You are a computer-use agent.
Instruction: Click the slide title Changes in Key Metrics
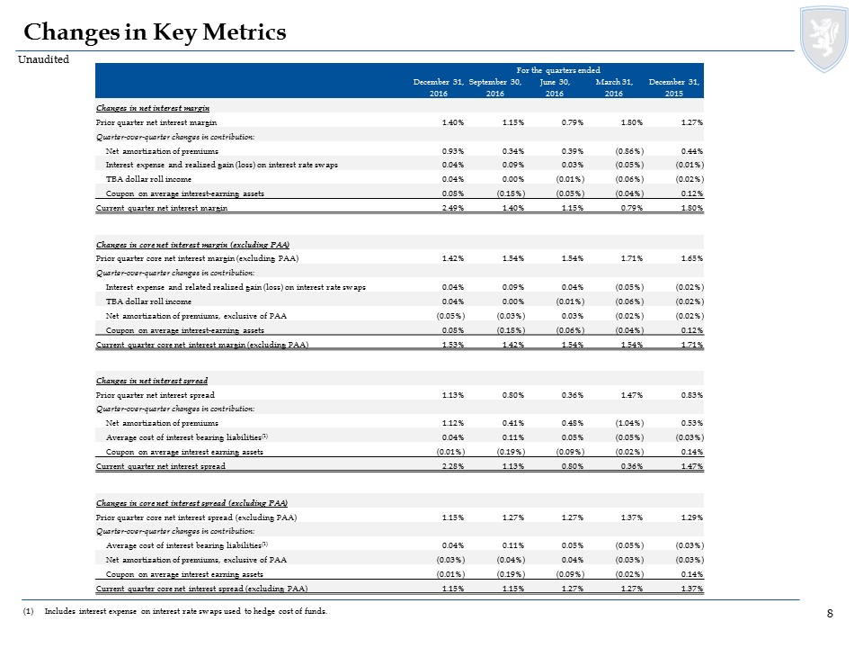click(x=155, y=32)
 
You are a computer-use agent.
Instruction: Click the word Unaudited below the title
click(x=43, y=59)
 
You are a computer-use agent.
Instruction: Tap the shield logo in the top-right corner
click(x=824, y=39)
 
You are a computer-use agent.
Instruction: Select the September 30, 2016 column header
click(x=494, y=87)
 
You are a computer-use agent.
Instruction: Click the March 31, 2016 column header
click(x=614, y=87)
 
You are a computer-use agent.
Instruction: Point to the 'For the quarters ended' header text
click(x=558, y=70)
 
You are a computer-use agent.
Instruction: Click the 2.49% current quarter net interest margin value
click(x=453, y=208)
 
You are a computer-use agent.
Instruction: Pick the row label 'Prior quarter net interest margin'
click(x=156, y=122)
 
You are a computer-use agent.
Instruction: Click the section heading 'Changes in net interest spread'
click(x=152, y=381)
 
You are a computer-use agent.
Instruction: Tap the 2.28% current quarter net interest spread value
click(x=453, y=466)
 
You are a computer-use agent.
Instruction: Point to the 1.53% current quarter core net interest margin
click(x=453, y=345)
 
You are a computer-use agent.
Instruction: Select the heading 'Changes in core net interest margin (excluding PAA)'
click(x=192, y=245)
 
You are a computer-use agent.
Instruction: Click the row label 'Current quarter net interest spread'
click(x=161, y=466)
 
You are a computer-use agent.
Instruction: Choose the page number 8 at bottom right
click(x=830, y=613)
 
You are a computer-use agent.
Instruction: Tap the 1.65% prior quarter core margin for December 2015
click(x=692, y=258)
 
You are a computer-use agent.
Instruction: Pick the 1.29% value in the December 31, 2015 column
click(x=692, y=517)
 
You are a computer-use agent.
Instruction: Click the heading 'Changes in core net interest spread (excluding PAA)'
click(x=191, y=503)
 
